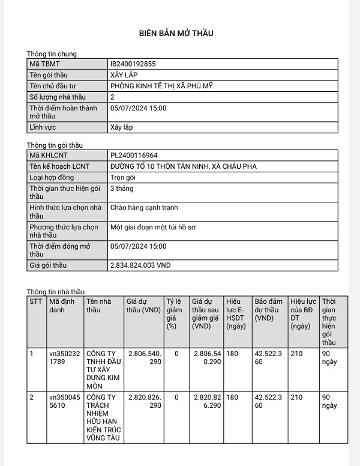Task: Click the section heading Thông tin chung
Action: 52,53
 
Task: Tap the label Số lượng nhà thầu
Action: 58,97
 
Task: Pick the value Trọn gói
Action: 124,178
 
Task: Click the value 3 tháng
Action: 122,189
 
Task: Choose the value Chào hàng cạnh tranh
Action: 144,208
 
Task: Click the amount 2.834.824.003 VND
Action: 141,265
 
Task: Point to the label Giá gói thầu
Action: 48,265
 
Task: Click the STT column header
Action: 35,301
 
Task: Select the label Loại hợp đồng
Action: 55,178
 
